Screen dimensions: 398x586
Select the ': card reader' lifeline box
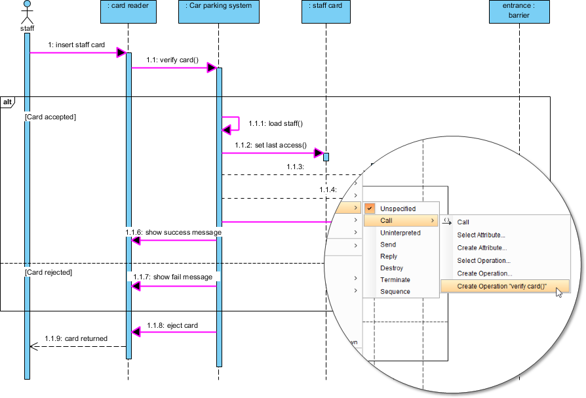click(128, 10)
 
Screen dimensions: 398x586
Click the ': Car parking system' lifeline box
click(218, 10)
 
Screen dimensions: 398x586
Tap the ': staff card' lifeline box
click(326, 10)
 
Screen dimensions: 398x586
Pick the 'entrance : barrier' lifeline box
click(518, 10)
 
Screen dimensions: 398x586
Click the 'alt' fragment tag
click(7, 102)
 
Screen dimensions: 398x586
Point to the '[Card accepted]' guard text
click(50, 117)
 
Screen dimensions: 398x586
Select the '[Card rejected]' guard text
click(48, 271)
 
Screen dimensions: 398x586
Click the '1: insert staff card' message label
click(76, 45)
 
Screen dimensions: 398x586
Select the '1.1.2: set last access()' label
click(271, 145)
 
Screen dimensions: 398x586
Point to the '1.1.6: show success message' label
click(174, 232)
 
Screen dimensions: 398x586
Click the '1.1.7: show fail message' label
click(173, 277)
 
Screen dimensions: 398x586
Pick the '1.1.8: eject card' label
click(172, 325)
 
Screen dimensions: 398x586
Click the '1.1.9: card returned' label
click(76, 338)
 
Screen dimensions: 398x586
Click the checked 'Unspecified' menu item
click(397, 209)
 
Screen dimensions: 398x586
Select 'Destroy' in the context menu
click(391, 268)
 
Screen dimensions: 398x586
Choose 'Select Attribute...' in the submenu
click(480, 235)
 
